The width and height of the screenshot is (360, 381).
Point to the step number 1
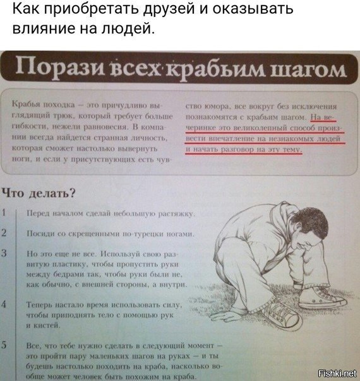tap(4, 213)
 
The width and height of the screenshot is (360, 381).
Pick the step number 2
tap(4, 232)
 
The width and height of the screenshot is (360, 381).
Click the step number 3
tap(4, 253)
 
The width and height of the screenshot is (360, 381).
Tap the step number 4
tap(4, 304)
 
